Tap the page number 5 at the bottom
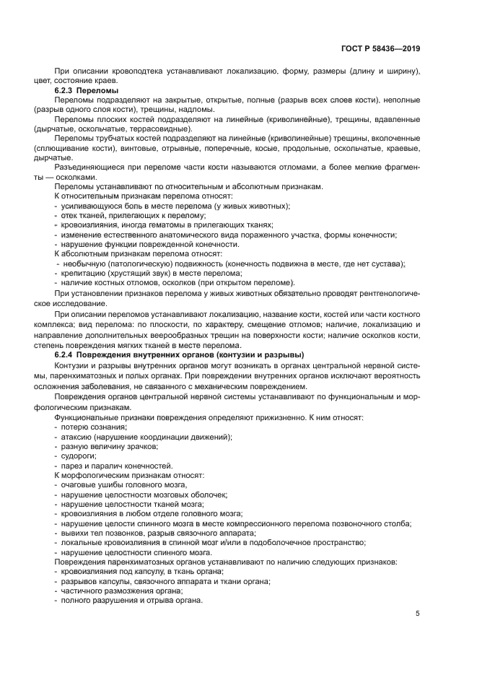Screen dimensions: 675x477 [418, 614]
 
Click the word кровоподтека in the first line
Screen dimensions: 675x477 [135, 71]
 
